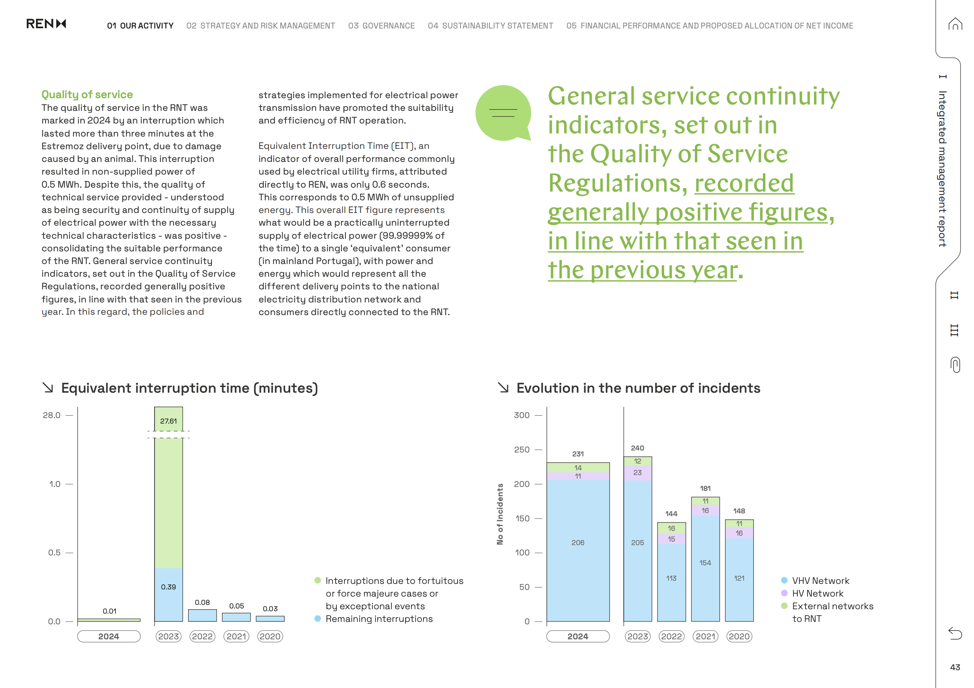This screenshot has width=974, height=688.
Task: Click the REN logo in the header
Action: (46, 24)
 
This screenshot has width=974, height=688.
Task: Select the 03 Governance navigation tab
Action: (381, 26)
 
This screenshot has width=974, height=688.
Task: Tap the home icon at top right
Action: (955, 24)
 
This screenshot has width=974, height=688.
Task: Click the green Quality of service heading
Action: (87, 94)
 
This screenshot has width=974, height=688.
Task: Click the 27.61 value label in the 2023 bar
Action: (168, 421)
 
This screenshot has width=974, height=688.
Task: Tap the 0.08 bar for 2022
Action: (202, 616)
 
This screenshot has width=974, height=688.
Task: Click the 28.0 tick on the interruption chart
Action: (52, 415)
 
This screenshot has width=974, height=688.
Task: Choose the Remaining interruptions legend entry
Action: (379, 619)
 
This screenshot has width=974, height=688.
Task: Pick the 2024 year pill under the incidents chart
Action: (578, 636)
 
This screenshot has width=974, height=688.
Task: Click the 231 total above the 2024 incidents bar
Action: (578, 454)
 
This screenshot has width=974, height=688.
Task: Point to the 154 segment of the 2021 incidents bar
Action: (705, 563)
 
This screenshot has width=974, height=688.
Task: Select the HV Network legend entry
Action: (817, 593)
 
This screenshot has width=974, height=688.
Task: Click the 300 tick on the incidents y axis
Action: (522, 415)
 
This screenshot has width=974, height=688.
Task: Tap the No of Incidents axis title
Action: (500, 514)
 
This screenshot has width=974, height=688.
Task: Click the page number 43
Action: (955, 667)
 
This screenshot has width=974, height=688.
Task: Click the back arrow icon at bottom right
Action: (955, 633)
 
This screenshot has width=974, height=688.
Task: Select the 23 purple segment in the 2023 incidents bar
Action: (637, 473)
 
